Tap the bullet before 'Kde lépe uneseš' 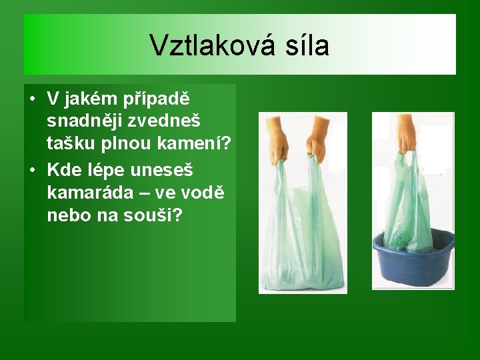click(x=32, y=170)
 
